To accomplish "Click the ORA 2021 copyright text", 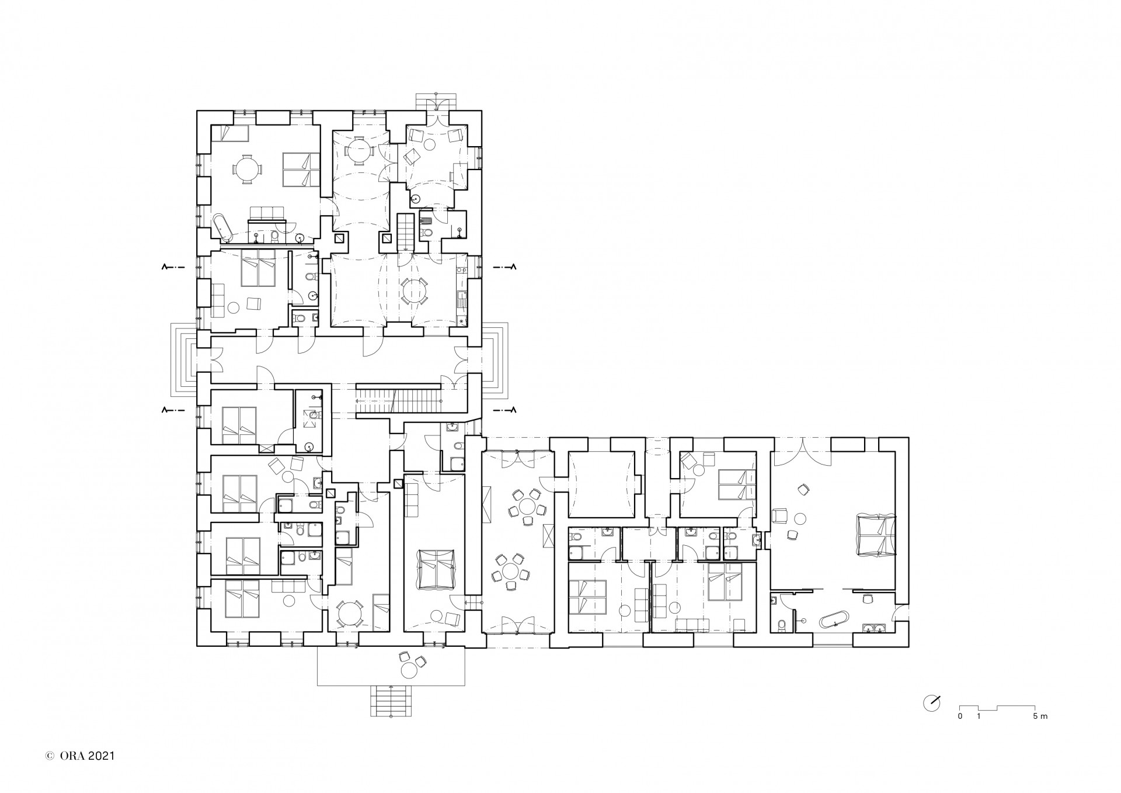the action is [81, 756].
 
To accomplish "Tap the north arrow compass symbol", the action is [931, 703].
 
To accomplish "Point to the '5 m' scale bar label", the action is [1040, 716].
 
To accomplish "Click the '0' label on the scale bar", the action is [960, 716].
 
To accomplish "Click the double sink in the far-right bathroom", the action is [875, 628].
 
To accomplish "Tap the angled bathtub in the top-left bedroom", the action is [222, 228].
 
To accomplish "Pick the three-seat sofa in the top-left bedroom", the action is [267, 214].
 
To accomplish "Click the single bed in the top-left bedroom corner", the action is [229, 134].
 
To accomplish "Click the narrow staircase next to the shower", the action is [405, 233].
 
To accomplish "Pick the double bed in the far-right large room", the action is [875, 534].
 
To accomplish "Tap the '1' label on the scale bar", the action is [979, 716].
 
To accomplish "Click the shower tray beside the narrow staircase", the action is [427, 221].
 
